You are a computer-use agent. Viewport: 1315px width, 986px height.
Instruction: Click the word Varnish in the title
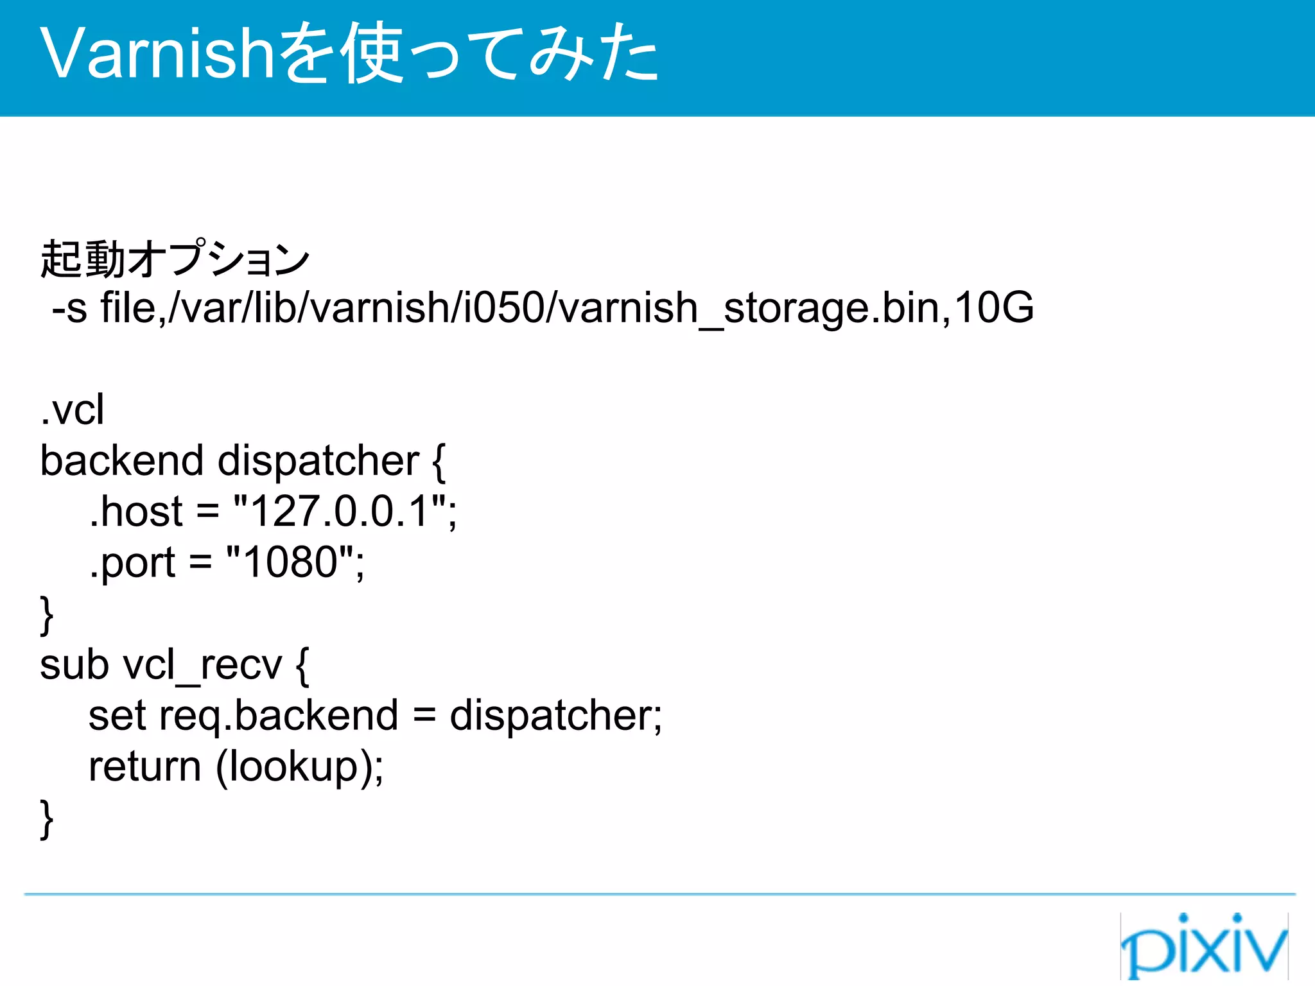coord(158,54)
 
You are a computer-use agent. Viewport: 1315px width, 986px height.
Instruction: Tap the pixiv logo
coord(1204,944)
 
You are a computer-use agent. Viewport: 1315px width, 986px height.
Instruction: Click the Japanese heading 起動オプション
coord(175,259)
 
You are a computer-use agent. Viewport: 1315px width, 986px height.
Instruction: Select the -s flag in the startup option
coord(69,308)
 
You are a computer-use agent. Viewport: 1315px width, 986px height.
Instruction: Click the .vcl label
coord(72,410)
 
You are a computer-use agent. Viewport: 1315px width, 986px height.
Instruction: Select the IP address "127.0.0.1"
coord(340,512)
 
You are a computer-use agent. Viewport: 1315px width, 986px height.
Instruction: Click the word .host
coord(136,512)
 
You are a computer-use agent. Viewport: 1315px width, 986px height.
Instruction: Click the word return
coord(145,766)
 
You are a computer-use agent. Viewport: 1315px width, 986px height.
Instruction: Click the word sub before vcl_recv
coord(74,665)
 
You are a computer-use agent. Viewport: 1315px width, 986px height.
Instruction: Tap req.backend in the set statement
coord(279,716)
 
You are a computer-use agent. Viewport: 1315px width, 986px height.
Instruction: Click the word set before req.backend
coord(117,716)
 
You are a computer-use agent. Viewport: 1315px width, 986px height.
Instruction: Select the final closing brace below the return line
coord(46,819)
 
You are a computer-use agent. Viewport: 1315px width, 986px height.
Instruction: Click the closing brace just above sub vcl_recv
coord(46,615)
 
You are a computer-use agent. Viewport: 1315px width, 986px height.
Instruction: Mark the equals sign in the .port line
coord(200,563)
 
